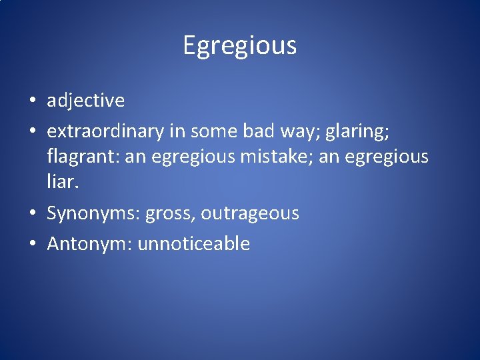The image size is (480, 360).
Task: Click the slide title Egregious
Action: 239,46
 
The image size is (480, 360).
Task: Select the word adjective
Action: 85,101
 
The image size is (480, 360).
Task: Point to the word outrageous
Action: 250,214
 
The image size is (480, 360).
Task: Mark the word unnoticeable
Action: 194,244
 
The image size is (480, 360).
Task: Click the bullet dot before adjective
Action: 32,101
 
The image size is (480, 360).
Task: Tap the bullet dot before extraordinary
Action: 32,131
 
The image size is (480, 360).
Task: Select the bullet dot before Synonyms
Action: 32,214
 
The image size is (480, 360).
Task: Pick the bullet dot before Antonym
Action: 32,244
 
